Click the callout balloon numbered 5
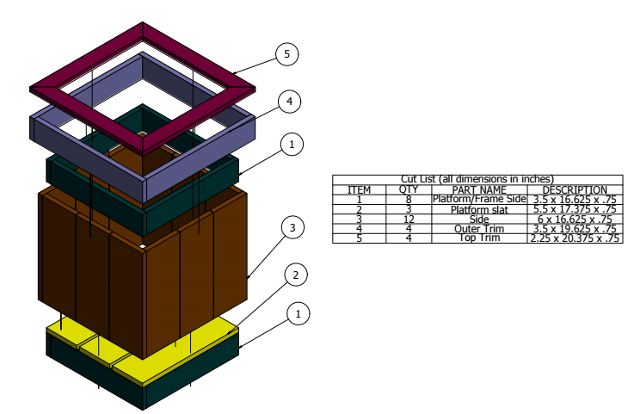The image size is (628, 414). pyautogui.click(x=287, y=54)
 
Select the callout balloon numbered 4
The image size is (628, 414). pyautogui.click(x=290, y=102)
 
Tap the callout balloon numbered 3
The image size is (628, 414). pyautogui.click(x=292, y=228)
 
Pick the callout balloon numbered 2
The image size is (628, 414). pyautogui.click(x=295, y=275)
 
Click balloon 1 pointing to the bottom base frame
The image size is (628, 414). pyautogui.click(x=298, y=314)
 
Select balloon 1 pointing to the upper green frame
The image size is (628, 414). pyautogui.click(x=292, y=145)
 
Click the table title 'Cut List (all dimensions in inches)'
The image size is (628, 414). pyautogui.click(x=477, y=179)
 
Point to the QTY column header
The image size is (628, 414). pyautogui.click(x=408, y=189)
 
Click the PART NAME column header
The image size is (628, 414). pyautogui.click(x=479, y=189)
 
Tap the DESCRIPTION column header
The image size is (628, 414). pyautogui.click(x=574, y=189)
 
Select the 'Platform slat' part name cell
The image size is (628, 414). pyautogui.click(x=479, y=209)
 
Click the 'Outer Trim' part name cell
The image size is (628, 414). pyautogui.click(x=479, y=229)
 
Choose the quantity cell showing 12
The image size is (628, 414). pyautogui.click(x=408, y=219)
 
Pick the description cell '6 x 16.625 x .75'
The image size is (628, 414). pyautogui.click(x=574, y=219)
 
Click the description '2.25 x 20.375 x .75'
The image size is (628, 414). pyautogui.click(x=574, y=238)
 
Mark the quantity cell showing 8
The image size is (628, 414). pyautogui.click(x=408, y=200)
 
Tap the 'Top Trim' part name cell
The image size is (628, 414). pyautogui.click(x=479, y=238)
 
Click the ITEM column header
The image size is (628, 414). pyautogui.click(x=359, y=189)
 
